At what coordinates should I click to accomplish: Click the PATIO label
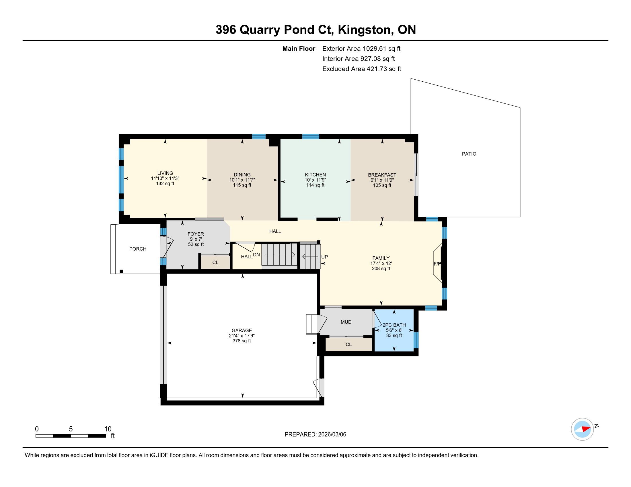[469, 154]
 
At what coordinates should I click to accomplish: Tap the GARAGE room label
[242, 330]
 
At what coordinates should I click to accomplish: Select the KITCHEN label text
[315, 174]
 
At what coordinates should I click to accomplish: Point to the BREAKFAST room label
[382, 175]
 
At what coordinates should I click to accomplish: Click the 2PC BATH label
[394, 325]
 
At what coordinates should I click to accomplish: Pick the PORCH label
[138, 249]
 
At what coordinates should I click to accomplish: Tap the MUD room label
[346, 322]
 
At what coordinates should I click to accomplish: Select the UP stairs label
[324, 257]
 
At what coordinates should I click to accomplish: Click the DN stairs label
[256, 255]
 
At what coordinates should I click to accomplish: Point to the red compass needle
[586, 429]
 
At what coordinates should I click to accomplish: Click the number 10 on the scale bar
[108, 429]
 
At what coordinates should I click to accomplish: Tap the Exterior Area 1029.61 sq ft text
[361, 48]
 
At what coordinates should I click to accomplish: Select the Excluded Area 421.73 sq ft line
[362, 69]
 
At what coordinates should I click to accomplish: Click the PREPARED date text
[315, 435]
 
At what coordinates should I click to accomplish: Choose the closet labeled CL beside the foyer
[215, 262]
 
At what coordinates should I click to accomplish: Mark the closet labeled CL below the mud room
[348, 344]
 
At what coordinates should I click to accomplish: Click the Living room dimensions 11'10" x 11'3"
[165, 178]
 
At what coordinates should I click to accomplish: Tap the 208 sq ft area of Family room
[381, 269]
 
